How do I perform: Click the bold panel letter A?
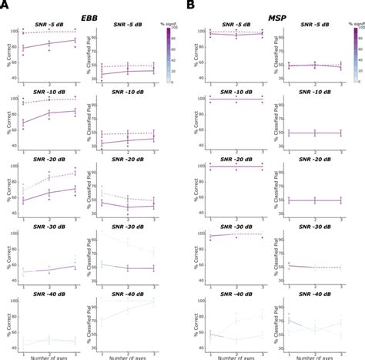(x=5, y=6)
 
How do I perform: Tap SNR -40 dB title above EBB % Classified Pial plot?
(x=129, y=294)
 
